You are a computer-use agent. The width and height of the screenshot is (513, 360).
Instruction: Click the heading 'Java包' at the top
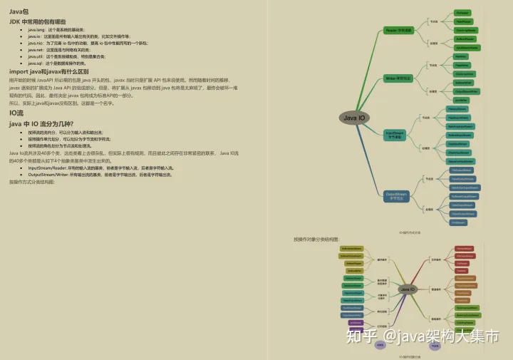point(20,12)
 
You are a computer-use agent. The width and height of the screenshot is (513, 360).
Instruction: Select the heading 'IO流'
point(16,113)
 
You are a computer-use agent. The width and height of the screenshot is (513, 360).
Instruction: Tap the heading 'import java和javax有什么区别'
point(49,71)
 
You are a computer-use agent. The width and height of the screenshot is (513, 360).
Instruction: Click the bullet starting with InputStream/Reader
point(100,168)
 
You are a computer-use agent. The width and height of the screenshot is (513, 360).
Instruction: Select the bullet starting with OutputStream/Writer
point(100,174)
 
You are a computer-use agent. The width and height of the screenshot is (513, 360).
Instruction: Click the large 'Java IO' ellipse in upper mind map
point(353,118)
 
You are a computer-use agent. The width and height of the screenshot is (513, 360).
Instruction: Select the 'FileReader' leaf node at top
point(463,13)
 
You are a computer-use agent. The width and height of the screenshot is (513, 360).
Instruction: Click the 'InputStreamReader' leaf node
point(467,48)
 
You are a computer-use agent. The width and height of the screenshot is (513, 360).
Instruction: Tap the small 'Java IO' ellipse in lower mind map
point(408,289)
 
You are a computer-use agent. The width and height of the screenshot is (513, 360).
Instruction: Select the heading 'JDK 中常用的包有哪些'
point(37,22)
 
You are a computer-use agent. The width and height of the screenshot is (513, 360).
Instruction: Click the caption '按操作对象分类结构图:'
point(316,240)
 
